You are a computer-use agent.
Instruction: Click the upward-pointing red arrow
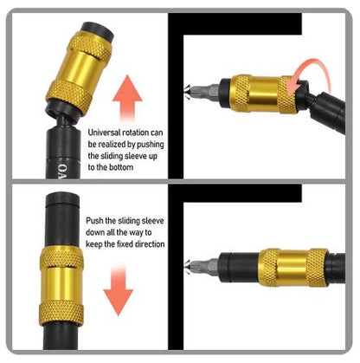[127, 97]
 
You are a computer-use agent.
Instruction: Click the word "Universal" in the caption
[104, 133]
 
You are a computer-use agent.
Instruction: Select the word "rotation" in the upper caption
[136, 133]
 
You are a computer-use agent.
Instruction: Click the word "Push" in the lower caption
[94, 221]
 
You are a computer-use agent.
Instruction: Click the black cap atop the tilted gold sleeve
[97, 31]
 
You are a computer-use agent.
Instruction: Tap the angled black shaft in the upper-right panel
[327, 111]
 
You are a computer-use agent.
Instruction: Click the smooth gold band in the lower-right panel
[292, 268]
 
